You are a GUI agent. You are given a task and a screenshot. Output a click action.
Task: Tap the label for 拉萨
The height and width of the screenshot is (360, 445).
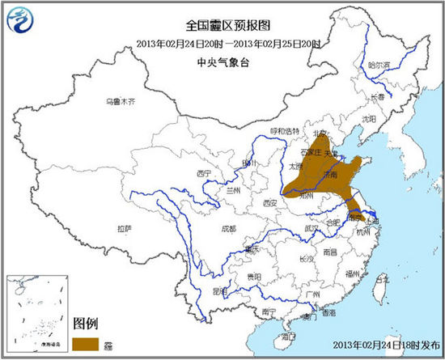pos(124,229)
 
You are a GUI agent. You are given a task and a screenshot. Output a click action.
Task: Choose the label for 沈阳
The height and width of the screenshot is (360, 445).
pos(370,118)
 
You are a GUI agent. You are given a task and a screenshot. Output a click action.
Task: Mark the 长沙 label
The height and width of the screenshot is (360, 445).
pos(306,259)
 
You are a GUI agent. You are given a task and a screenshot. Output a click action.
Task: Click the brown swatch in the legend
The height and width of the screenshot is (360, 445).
pos(86,342)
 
